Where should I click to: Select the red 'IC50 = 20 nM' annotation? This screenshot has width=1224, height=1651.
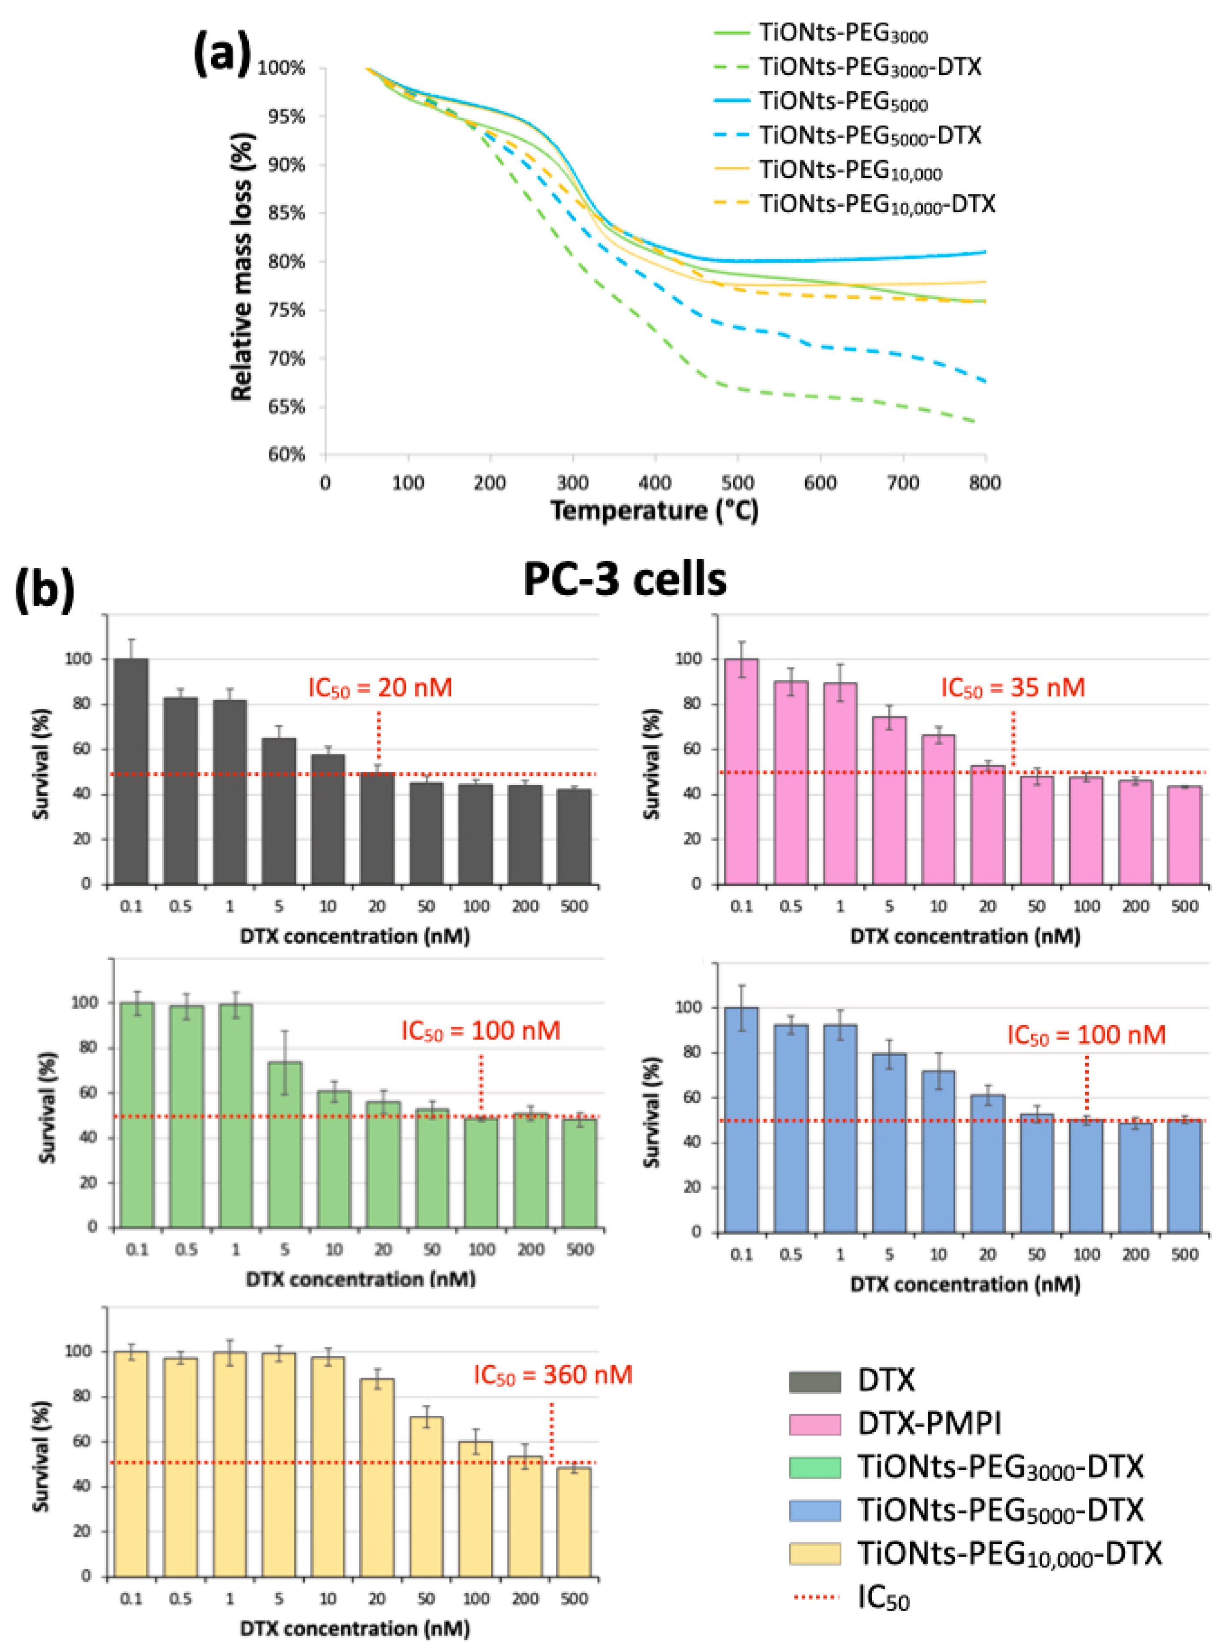tap(380, 688)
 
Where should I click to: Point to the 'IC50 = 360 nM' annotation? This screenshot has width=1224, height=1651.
tap(553, 1375)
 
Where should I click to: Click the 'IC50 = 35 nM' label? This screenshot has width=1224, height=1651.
tap(1013, 688)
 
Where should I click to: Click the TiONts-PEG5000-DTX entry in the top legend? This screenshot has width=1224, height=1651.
tap(870, 136)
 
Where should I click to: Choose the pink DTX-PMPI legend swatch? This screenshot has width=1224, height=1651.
tap(814, 1425)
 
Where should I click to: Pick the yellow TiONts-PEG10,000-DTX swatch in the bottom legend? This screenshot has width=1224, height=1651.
tap(814, 1554)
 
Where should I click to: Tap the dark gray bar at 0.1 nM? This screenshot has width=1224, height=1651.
tap(131, 770)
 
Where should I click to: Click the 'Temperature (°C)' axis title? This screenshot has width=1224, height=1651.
tap(654, 511)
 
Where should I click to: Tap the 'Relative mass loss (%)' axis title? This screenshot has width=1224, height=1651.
tap(242, 267)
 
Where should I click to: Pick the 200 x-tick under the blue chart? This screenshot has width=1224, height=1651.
tap(1135, 1254)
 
